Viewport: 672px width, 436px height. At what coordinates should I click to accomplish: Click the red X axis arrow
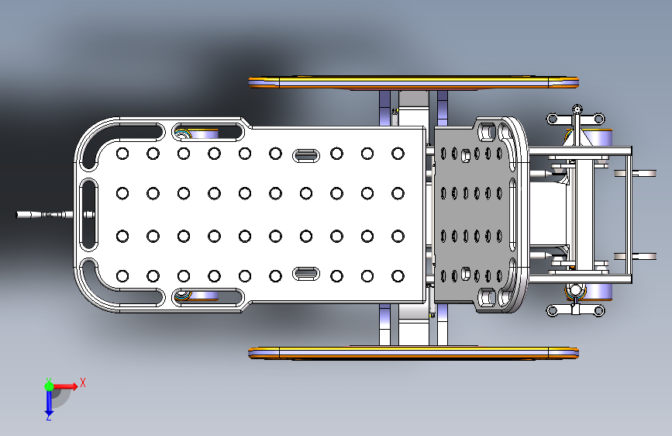click(64, 386)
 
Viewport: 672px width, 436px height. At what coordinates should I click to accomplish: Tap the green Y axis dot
click(49, 386)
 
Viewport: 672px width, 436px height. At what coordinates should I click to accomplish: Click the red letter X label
click(83, 382)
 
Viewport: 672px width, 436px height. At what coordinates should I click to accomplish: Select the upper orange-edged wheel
click(414, 82)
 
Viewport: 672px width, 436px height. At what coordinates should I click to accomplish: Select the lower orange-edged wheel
click(414, 353)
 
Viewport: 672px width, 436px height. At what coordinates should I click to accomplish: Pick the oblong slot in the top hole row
click(306, 155)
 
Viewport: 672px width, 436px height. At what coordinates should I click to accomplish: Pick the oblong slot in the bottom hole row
click(306, 273)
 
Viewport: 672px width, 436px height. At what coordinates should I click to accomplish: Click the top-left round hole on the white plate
click(122, 154)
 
